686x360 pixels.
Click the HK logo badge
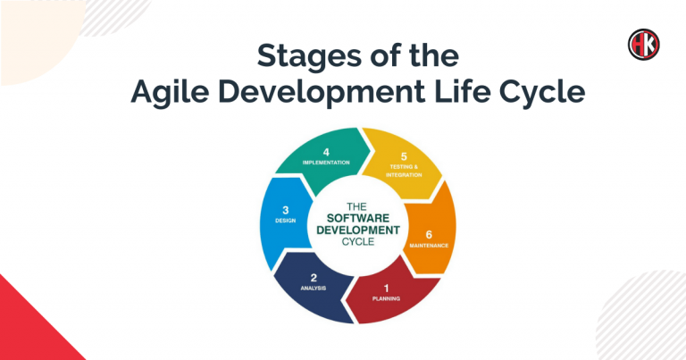tap(643, 45)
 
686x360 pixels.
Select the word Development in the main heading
tap(322, 93)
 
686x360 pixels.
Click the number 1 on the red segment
tap(386, 289)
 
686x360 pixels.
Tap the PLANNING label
tap(386, 298)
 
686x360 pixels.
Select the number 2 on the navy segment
tap(314, 278)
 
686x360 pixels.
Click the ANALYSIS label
tap(314, 289)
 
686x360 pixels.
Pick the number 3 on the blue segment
tap(285, 211)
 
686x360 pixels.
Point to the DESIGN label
tap(285, 221)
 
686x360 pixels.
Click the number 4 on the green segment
tap(326, 152)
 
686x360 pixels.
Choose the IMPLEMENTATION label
tap(326, 163)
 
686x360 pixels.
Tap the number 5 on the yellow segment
tap(404, 156)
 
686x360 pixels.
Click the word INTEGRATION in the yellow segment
tap(404, 175)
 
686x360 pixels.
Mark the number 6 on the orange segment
tap(429, 235)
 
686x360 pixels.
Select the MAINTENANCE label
tap(429, 246)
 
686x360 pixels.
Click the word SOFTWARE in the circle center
tap(358, 218)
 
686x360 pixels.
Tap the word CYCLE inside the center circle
tap(358, 242)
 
